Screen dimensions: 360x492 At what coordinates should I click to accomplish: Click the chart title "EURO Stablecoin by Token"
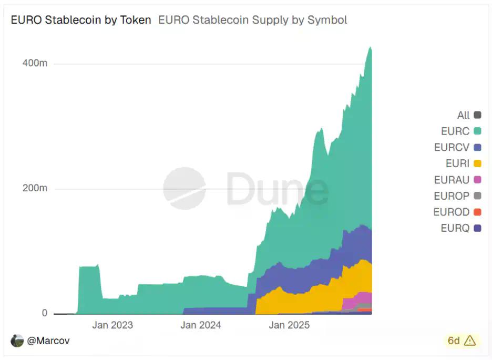(x=81, y=20)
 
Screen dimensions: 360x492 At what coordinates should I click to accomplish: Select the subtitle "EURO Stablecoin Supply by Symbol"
(x=252, y=20)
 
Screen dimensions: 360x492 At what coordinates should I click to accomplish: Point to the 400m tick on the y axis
(x=35, y=63)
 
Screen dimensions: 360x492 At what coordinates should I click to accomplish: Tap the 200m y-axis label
(x=35, y=188)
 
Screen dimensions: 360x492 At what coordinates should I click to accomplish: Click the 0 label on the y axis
(x=44, y=313)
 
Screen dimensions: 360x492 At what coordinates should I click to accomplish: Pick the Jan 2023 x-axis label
(x=112, y=325)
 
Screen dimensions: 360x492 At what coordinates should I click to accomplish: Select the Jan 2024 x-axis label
(x=201, y=325)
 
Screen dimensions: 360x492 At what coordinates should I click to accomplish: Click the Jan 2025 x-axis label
(x=289, y=325)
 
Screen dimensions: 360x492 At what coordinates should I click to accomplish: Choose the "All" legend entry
(x=464, y=115)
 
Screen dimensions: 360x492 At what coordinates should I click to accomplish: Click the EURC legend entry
(x=455, y=131)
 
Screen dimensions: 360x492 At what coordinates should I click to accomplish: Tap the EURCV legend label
(x=452, y=147)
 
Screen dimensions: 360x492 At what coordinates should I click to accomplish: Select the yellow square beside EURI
(x=477, y=163)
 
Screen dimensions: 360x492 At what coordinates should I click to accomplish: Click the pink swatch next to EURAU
(x=477, y=180)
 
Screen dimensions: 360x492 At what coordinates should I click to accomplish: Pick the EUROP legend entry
(x=452, y=196)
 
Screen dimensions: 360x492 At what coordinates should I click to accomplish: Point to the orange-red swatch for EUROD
(x=477, y=212)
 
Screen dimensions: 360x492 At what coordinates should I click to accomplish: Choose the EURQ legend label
(x=455, y=228)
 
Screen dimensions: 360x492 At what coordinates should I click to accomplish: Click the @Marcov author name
(x=48, y=341)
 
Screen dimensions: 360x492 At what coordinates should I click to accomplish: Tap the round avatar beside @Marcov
(x=17, y=341)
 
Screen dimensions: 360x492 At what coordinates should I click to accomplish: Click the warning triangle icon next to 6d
(x=470, y=341)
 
